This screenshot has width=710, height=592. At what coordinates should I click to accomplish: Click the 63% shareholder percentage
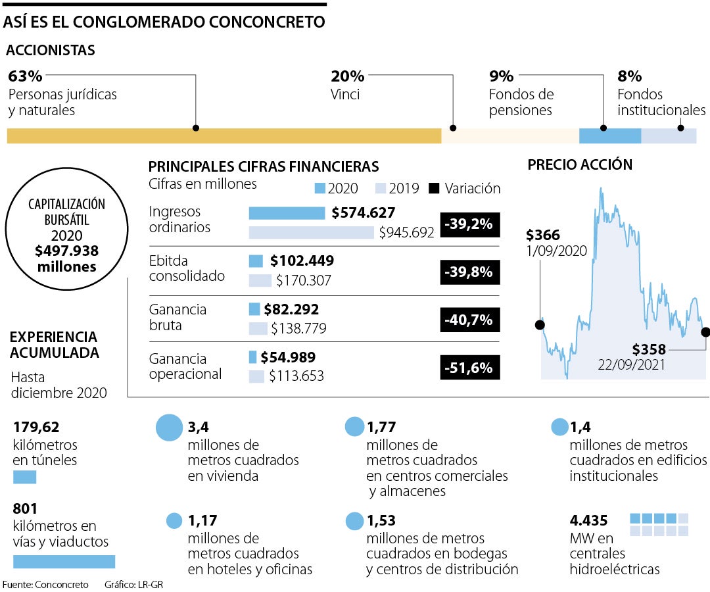(x=25, y=76)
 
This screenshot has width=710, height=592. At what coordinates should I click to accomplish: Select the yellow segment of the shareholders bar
(x=224, y=136)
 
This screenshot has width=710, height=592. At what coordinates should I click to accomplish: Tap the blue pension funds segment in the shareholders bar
(x=609, y=136)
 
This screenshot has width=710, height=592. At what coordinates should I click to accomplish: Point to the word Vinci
(x=345, y=94)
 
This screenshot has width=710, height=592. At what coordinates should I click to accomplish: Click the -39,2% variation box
(x=469, y=224)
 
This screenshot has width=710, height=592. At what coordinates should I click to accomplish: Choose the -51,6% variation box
(x=469, y=368)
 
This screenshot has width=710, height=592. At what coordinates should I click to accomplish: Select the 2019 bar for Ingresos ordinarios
(x=311, y=232)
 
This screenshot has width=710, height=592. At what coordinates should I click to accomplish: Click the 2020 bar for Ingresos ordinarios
(x=287, y=213)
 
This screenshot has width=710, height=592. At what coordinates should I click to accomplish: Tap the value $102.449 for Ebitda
(x=302, y=260)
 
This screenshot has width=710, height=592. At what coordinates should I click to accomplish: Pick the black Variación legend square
(x=433, y=188)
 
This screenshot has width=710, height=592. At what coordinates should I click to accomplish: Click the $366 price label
(x=543, y=235)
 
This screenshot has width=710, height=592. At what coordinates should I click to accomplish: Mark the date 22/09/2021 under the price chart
(x=632, y=364)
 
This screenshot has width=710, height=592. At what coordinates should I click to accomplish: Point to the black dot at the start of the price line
(x=540, y=325)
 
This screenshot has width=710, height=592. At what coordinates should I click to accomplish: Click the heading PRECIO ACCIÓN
(x=580, y=165)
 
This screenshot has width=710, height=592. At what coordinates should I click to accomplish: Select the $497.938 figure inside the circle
(x=67, y=251)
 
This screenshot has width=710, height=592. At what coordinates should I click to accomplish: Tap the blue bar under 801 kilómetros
(x=64, y=561)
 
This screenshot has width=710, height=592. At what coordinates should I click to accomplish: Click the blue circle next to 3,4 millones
(x=169, y=428)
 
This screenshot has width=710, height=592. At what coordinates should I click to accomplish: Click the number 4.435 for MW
(x=589, y=520)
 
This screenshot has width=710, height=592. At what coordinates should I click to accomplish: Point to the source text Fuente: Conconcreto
(x=45, y=584)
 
